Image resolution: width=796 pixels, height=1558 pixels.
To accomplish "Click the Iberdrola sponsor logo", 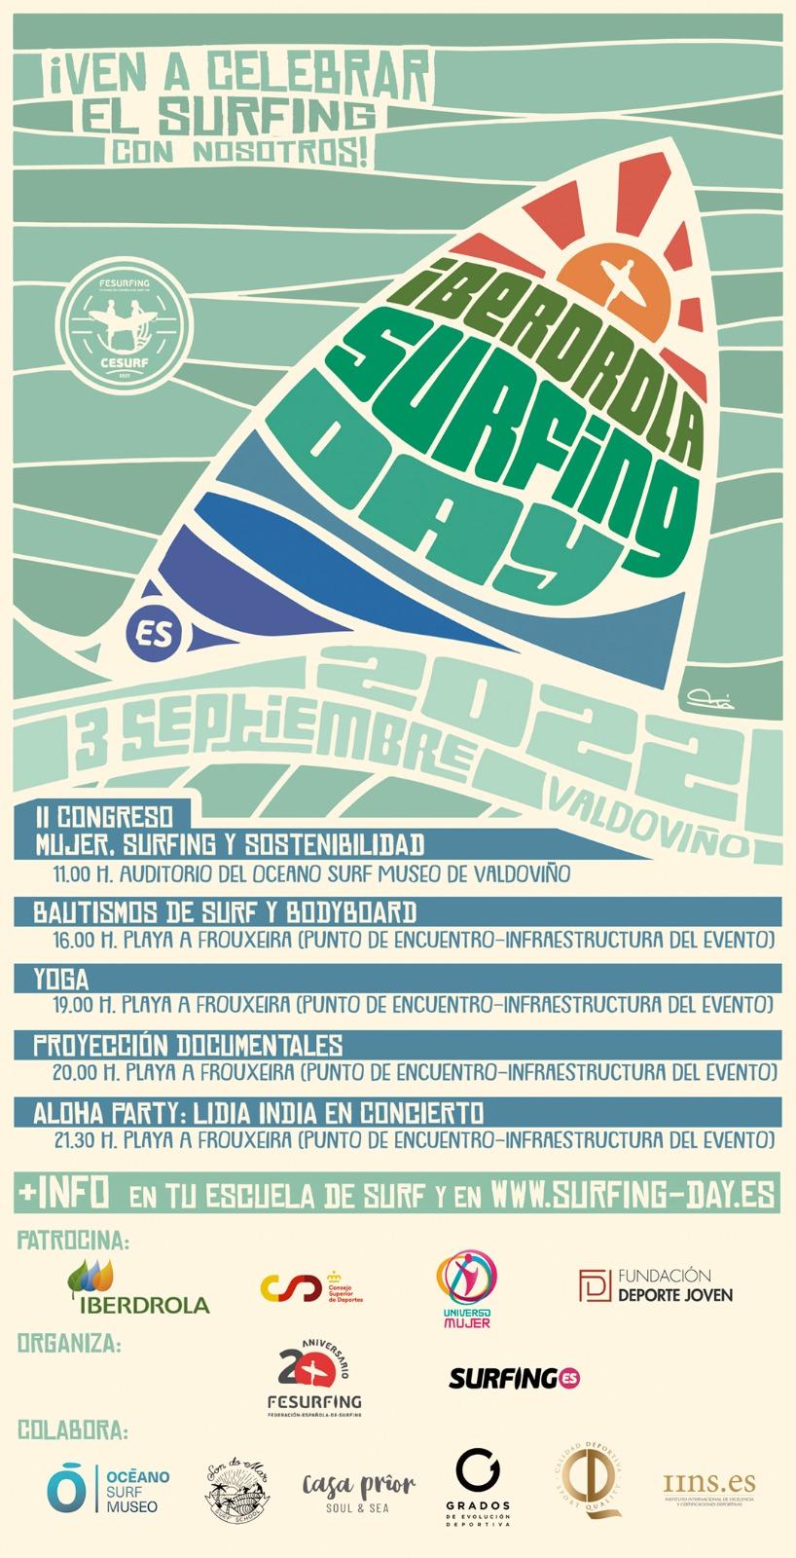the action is click(137, 1286).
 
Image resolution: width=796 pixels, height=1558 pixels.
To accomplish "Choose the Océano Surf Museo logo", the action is click(108, 1491).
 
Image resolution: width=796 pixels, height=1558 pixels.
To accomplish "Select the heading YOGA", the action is click(61, 978).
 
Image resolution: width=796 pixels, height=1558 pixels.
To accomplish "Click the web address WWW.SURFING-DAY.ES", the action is click(633, 1195).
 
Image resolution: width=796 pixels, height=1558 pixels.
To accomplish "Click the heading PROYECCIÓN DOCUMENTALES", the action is click(188, 1046).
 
